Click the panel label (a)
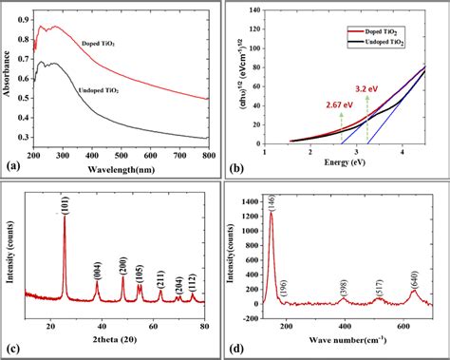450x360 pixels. point(13,165)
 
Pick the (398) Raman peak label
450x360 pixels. point(343,287)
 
